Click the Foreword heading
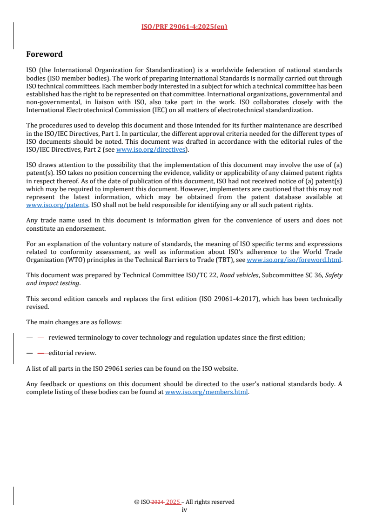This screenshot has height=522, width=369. coord(44,54)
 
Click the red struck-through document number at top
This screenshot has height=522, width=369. coord(184,27)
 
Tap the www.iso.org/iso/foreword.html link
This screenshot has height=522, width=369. coord(294,260)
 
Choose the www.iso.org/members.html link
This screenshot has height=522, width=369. coord(206,392)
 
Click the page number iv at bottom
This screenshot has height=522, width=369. coord(184,509)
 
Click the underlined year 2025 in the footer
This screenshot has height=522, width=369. coord(173,502)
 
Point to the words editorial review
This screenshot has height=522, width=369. coord(72,353)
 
